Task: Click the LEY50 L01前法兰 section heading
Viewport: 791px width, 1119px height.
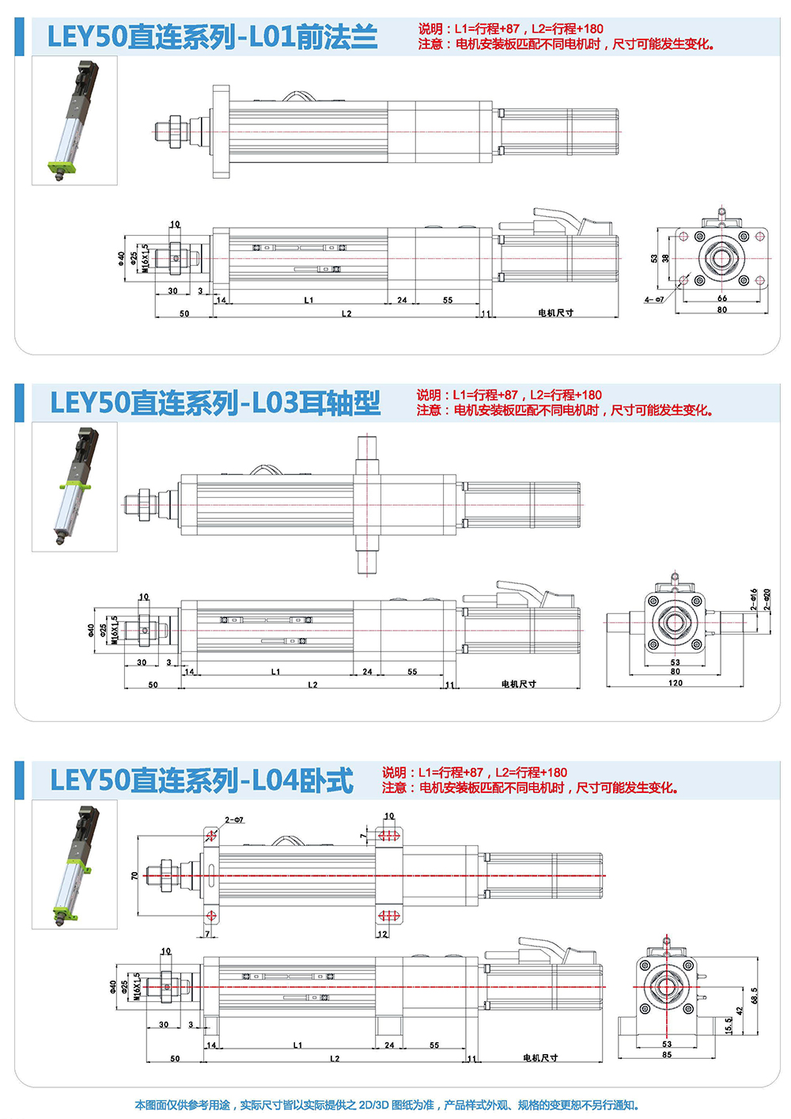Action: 212,37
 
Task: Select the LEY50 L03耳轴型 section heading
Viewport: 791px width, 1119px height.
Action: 215,403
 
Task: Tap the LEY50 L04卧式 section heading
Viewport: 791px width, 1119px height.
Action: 202,780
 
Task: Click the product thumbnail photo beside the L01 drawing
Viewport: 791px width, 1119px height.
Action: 74,120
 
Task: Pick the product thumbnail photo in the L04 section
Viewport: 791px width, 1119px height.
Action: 74,864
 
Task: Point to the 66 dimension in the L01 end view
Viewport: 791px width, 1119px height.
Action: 721,298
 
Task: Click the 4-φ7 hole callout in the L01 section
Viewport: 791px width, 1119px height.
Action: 654,300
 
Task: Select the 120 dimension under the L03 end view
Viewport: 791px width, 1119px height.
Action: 676,683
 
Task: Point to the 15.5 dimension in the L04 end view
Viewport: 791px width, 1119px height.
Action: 729,1026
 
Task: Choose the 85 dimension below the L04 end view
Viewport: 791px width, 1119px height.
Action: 667,1055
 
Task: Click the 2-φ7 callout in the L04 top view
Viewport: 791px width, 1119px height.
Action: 234,821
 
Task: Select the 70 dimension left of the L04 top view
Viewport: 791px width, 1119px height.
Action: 134,876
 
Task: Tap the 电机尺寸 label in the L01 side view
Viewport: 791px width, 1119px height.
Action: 555,313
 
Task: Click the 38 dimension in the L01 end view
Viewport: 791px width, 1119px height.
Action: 665,259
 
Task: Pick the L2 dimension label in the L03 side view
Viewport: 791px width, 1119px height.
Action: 312,685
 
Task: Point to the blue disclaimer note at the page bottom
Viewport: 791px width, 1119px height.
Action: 387,1105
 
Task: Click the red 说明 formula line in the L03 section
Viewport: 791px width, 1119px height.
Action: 509,395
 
